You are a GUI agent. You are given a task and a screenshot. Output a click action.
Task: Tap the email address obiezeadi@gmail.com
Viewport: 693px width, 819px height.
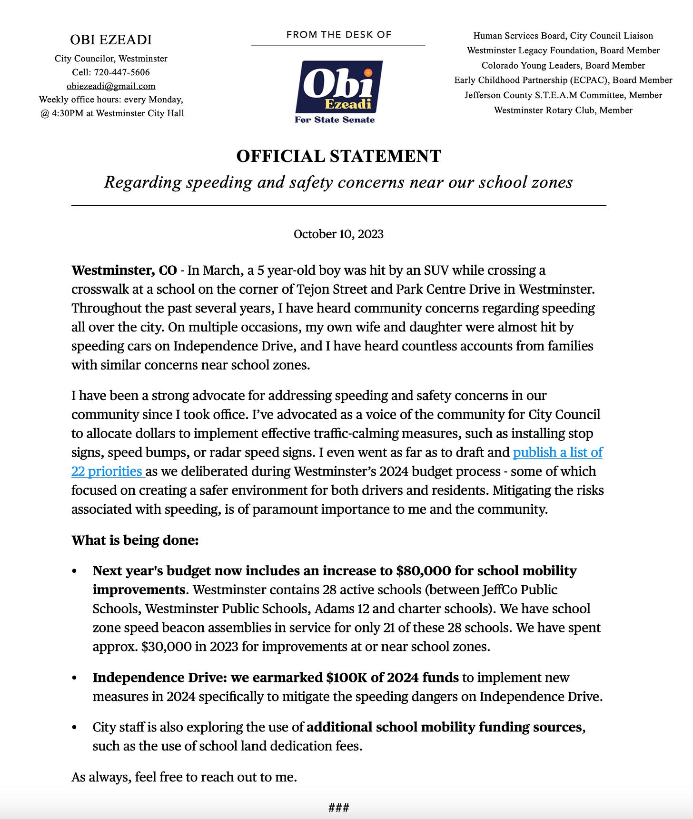111,86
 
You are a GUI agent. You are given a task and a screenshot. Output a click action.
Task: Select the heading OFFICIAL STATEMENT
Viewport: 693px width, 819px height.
338,156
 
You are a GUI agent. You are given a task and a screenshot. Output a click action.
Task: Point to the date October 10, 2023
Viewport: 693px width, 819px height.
338,234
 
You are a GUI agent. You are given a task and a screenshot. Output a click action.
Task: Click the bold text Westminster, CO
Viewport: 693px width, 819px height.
124,270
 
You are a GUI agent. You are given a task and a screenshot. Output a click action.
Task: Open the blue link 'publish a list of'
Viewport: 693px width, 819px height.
557,452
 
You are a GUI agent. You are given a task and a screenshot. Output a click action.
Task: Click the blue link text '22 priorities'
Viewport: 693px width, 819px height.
107,471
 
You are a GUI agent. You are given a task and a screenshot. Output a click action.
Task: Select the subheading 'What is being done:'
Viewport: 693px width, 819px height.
135,540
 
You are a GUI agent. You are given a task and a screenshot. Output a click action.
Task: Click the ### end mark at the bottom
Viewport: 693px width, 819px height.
338,808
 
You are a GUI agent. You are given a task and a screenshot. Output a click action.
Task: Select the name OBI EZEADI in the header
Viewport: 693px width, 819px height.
111,40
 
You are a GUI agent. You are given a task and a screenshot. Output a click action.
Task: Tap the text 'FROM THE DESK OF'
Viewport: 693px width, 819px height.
338,34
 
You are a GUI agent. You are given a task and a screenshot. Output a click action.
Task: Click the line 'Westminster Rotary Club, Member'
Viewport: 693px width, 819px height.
563,110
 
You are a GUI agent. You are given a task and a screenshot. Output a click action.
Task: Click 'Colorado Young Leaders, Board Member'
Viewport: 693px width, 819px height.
563,65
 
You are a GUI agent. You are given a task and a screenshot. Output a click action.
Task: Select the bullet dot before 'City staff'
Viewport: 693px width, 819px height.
74,728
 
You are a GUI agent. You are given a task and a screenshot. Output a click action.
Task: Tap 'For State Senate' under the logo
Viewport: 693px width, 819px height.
335,120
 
